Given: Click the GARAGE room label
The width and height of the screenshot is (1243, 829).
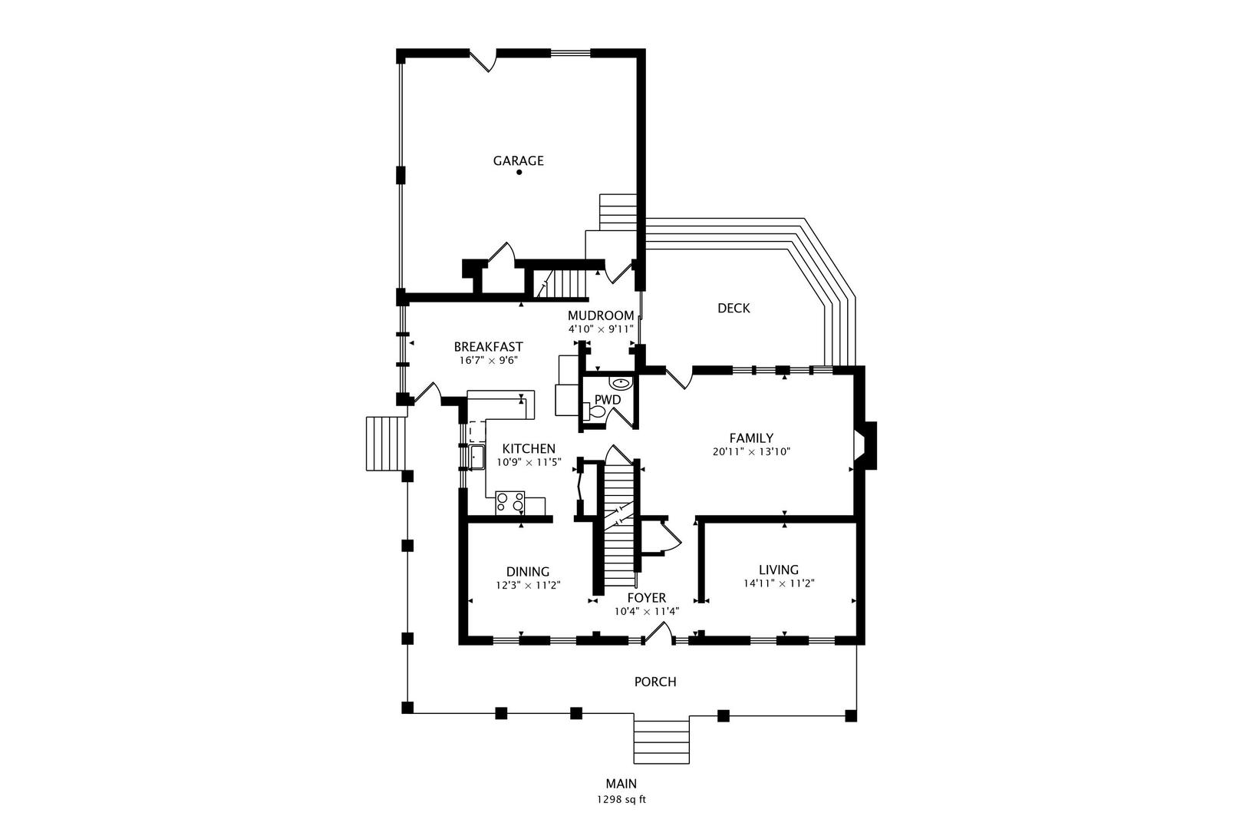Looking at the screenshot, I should point(518,160).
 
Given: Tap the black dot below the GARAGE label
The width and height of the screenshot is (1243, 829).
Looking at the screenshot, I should point(519,172).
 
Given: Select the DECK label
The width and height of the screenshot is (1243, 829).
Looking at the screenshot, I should point(734,308).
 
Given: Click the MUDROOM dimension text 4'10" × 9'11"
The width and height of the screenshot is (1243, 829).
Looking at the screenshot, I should point(601,329).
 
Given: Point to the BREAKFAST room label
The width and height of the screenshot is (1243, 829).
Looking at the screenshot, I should point(488,347).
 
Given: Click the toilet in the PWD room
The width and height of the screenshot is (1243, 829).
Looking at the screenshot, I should point(596,412).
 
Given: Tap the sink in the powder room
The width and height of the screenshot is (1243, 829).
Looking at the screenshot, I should point(620,382).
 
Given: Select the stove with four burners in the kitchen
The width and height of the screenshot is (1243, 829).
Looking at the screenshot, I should point(510,502).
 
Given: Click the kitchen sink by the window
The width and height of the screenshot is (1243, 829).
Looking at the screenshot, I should point(476,457).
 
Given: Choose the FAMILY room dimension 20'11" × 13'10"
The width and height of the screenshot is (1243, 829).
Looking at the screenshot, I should point(751,452).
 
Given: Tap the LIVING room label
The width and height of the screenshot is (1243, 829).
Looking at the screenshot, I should point(778,570).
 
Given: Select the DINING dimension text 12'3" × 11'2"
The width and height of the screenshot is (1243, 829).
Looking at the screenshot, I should point(528,585).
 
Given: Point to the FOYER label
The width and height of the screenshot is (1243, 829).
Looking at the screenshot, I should point(646,598).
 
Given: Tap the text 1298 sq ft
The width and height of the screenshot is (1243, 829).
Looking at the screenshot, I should point(621,800).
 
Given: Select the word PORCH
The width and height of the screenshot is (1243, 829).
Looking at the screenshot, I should point(655,682).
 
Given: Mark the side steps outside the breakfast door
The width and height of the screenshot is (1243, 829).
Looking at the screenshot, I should point(385,444).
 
